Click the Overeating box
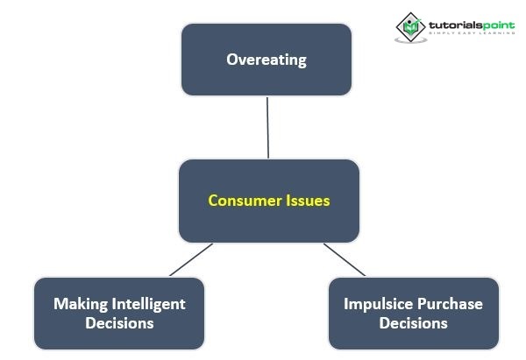[266, 60]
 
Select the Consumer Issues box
[269, 201]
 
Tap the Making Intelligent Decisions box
[119, 313]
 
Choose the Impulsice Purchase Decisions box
[414, 313]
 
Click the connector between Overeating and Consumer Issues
[267, 127]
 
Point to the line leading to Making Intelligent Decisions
[191, 260]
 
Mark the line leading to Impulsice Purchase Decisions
[345, 260]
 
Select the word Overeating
[266, 60]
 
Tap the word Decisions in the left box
[119, 323]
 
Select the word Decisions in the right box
[414, 323]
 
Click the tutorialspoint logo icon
[409, 27]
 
